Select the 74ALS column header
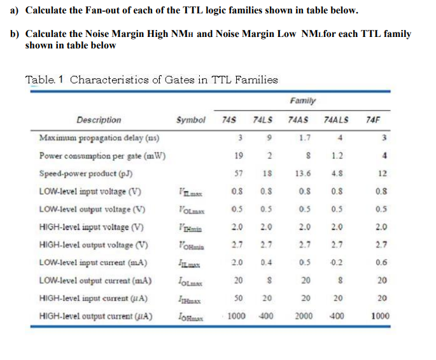coord(336,120)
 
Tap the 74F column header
coord(374,120)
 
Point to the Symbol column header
coord(190,120)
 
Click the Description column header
coord(99,120)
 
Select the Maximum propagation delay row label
coord(99,138)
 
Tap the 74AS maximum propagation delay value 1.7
coord(304,138)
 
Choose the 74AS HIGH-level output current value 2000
coord(304,315)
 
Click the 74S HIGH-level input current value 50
coord(238,298)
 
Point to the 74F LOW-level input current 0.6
coord(381,262)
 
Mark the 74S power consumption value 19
coord(238,155)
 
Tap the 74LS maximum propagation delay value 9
coord(269,138)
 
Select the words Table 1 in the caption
coord(45,80)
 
